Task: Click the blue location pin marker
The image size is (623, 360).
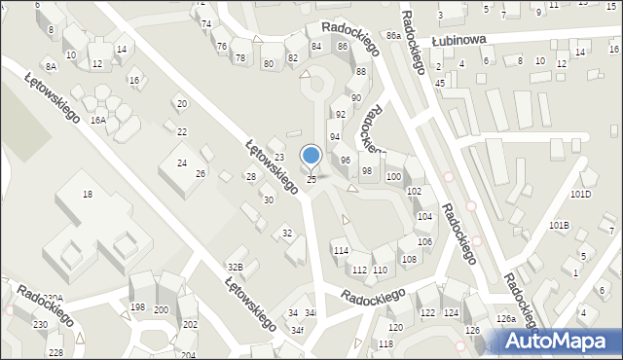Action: point(311,156)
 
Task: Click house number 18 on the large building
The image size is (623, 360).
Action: point(87,195)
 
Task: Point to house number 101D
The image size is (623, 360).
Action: point(580,194)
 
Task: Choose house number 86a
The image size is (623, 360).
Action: point(392,35)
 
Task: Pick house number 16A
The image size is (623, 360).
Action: point(98,120)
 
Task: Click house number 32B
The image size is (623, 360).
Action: point(235,267)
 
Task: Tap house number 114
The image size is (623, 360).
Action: point(341,251)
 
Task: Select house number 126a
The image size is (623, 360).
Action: point(505,319)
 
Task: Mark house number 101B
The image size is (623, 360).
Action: point(559,225)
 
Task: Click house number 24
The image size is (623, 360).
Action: point(181,162)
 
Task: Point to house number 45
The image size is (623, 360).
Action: point(440,83)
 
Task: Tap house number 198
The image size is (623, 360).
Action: point(137,307)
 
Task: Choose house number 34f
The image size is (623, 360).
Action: point(298,331)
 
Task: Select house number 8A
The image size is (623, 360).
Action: point(51,66)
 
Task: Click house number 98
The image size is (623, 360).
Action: point(367,170)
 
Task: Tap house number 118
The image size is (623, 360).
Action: point(385,344)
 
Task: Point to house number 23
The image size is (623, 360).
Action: point(278,158)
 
